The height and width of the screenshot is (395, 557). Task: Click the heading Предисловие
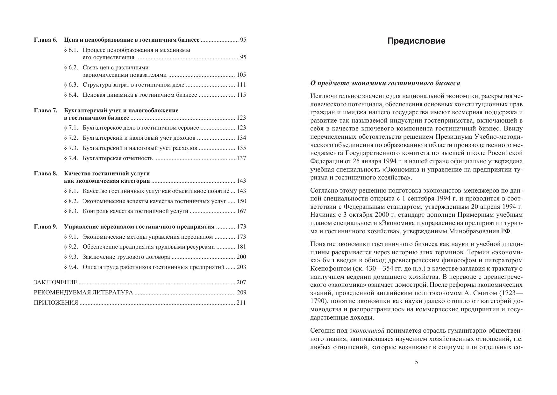(416, 41)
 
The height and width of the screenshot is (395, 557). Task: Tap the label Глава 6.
(46, 40)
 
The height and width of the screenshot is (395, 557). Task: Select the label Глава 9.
(46, 227)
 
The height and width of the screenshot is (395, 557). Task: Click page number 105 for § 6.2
(241, 75)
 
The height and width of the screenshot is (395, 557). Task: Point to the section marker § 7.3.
(71, 148)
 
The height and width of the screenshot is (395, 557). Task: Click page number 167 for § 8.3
(241, 211)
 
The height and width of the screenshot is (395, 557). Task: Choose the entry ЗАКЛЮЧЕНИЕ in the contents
(55, 282)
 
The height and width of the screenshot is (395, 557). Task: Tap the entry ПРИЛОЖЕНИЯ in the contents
(56, 303)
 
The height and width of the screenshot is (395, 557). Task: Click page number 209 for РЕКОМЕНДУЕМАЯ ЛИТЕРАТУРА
(241, 293)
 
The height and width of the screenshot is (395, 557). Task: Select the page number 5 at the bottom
(417, 362)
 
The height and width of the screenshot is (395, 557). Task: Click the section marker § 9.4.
(71, 267)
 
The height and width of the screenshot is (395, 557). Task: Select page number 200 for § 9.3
(241, 257)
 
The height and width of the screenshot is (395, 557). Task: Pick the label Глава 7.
(46, 110)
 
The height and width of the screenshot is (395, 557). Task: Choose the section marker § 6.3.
(71, 85)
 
